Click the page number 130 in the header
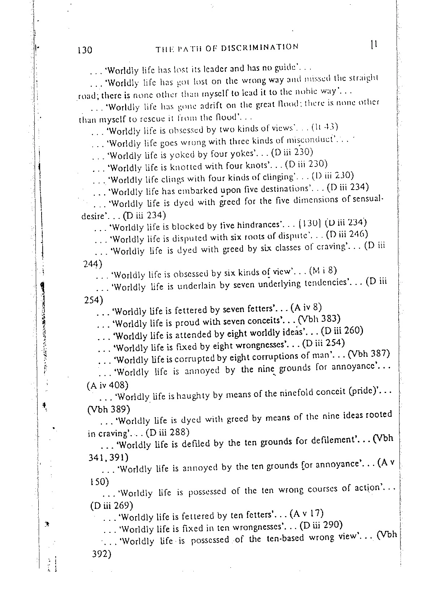click(x=85, y=49)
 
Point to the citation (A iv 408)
click(x=108, y=385)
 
